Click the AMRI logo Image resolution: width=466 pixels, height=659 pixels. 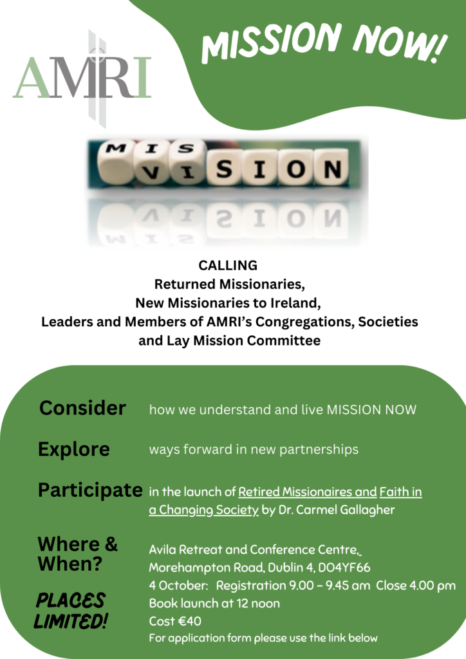click(82, 78)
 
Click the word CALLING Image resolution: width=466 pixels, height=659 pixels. click(228, 266)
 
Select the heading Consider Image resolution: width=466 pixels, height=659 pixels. click(82, 408)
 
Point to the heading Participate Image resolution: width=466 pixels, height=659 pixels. click(90, 490)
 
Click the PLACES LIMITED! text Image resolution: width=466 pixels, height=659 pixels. click(71, 611)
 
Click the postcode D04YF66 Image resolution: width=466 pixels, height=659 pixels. click(344, 568)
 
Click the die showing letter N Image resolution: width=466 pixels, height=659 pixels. click(332, 167)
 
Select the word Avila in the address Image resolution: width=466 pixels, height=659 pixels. click(162, 550)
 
